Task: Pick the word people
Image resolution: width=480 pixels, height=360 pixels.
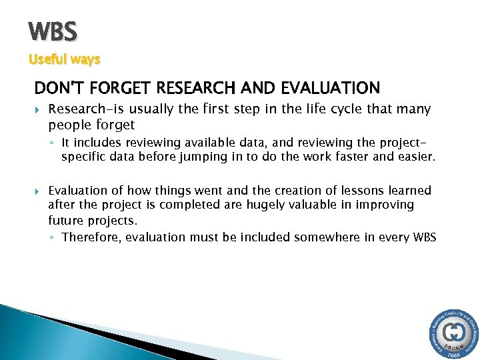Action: pyautogui.click(x=68, y=125)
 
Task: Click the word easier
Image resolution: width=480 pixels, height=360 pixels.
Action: pyautogui.click(x=415, y=157)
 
